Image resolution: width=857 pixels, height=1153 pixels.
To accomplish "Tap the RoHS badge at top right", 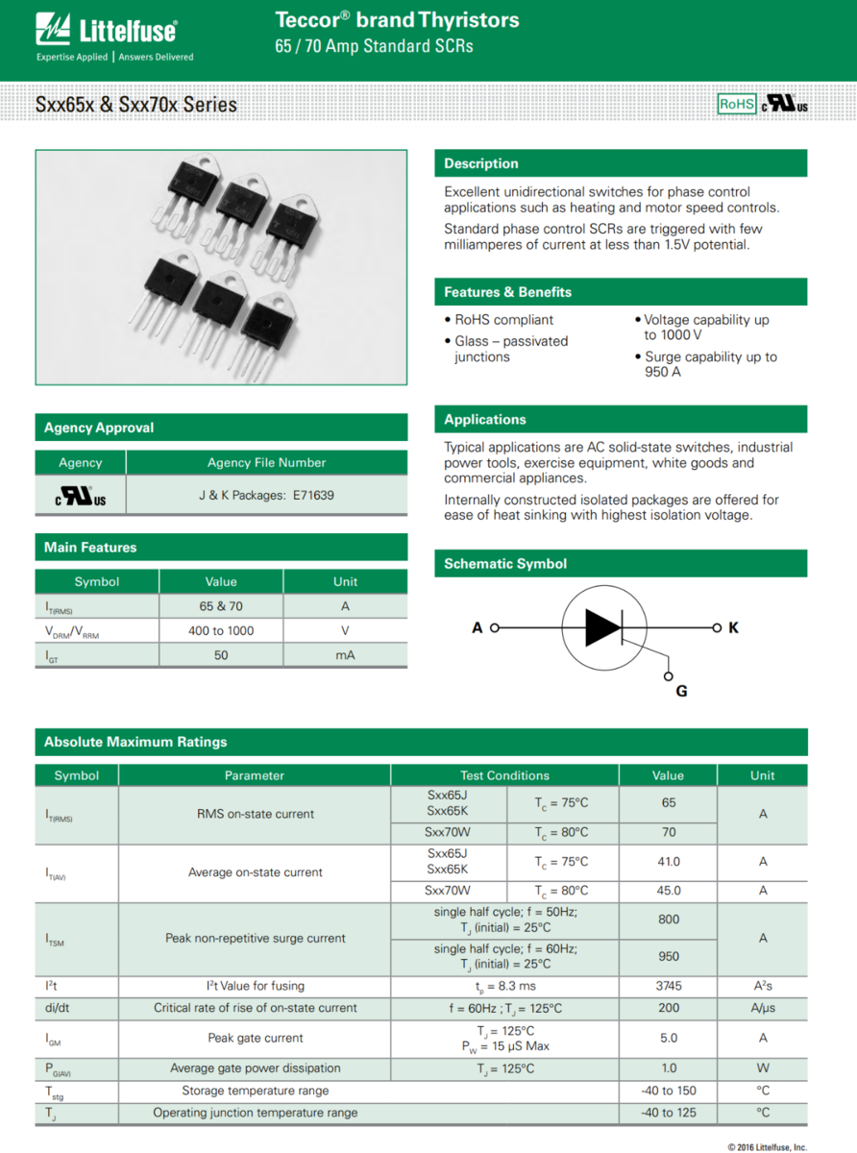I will click(x=737, y=104).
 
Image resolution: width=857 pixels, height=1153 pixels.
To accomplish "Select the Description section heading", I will click(x=481, y=163).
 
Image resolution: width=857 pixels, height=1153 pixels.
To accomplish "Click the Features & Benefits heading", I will click(x=507, y=292).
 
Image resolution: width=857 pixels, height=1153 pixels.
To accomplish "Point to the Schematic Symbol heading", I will click(x=505, y=564).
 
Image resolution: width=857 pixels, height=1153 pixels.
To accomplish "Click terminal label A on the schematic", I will click(x=477, y=628).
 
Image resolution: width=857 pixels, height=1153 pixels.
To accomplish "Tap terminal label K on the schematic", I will click(x=733, y=628).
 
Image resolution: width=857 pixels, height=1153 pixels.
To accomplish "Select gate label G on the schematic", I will click(x=681, y=690).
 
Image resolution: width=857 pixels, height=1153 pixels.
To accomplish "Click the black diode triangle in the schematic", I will click(x=602, y=627).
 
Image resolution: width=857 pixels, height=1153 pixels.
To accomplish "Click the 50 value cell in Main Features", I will click(x=221, y=654).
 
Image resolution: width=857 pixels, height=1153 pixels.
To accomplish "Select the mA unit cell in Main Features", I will click(x=345, y=654).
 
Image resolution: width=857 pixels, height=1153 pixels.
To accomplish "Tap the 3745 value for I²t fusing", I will click(x=668, y=986).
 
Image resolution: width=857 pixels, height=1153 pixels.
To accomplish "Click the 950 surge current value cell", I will click(x=668, y=956).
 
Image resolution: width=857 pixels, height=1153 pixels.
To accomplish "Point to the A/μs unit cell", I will click(x=763, y=1008).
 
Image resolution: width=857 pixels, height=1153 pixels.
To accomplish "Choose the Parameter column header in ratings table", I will click(x=255, y=775).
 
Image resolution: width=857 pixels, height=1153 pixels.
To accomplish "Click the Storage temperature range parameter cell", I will click(x=255, y=1091).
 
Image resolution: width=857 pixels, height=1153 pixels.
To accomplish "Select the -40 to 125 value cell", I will click(x=668, y=1113).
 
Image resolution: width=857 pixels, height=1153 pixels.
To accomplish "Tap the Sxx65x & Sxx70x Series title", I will click(x=136, y=105).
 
